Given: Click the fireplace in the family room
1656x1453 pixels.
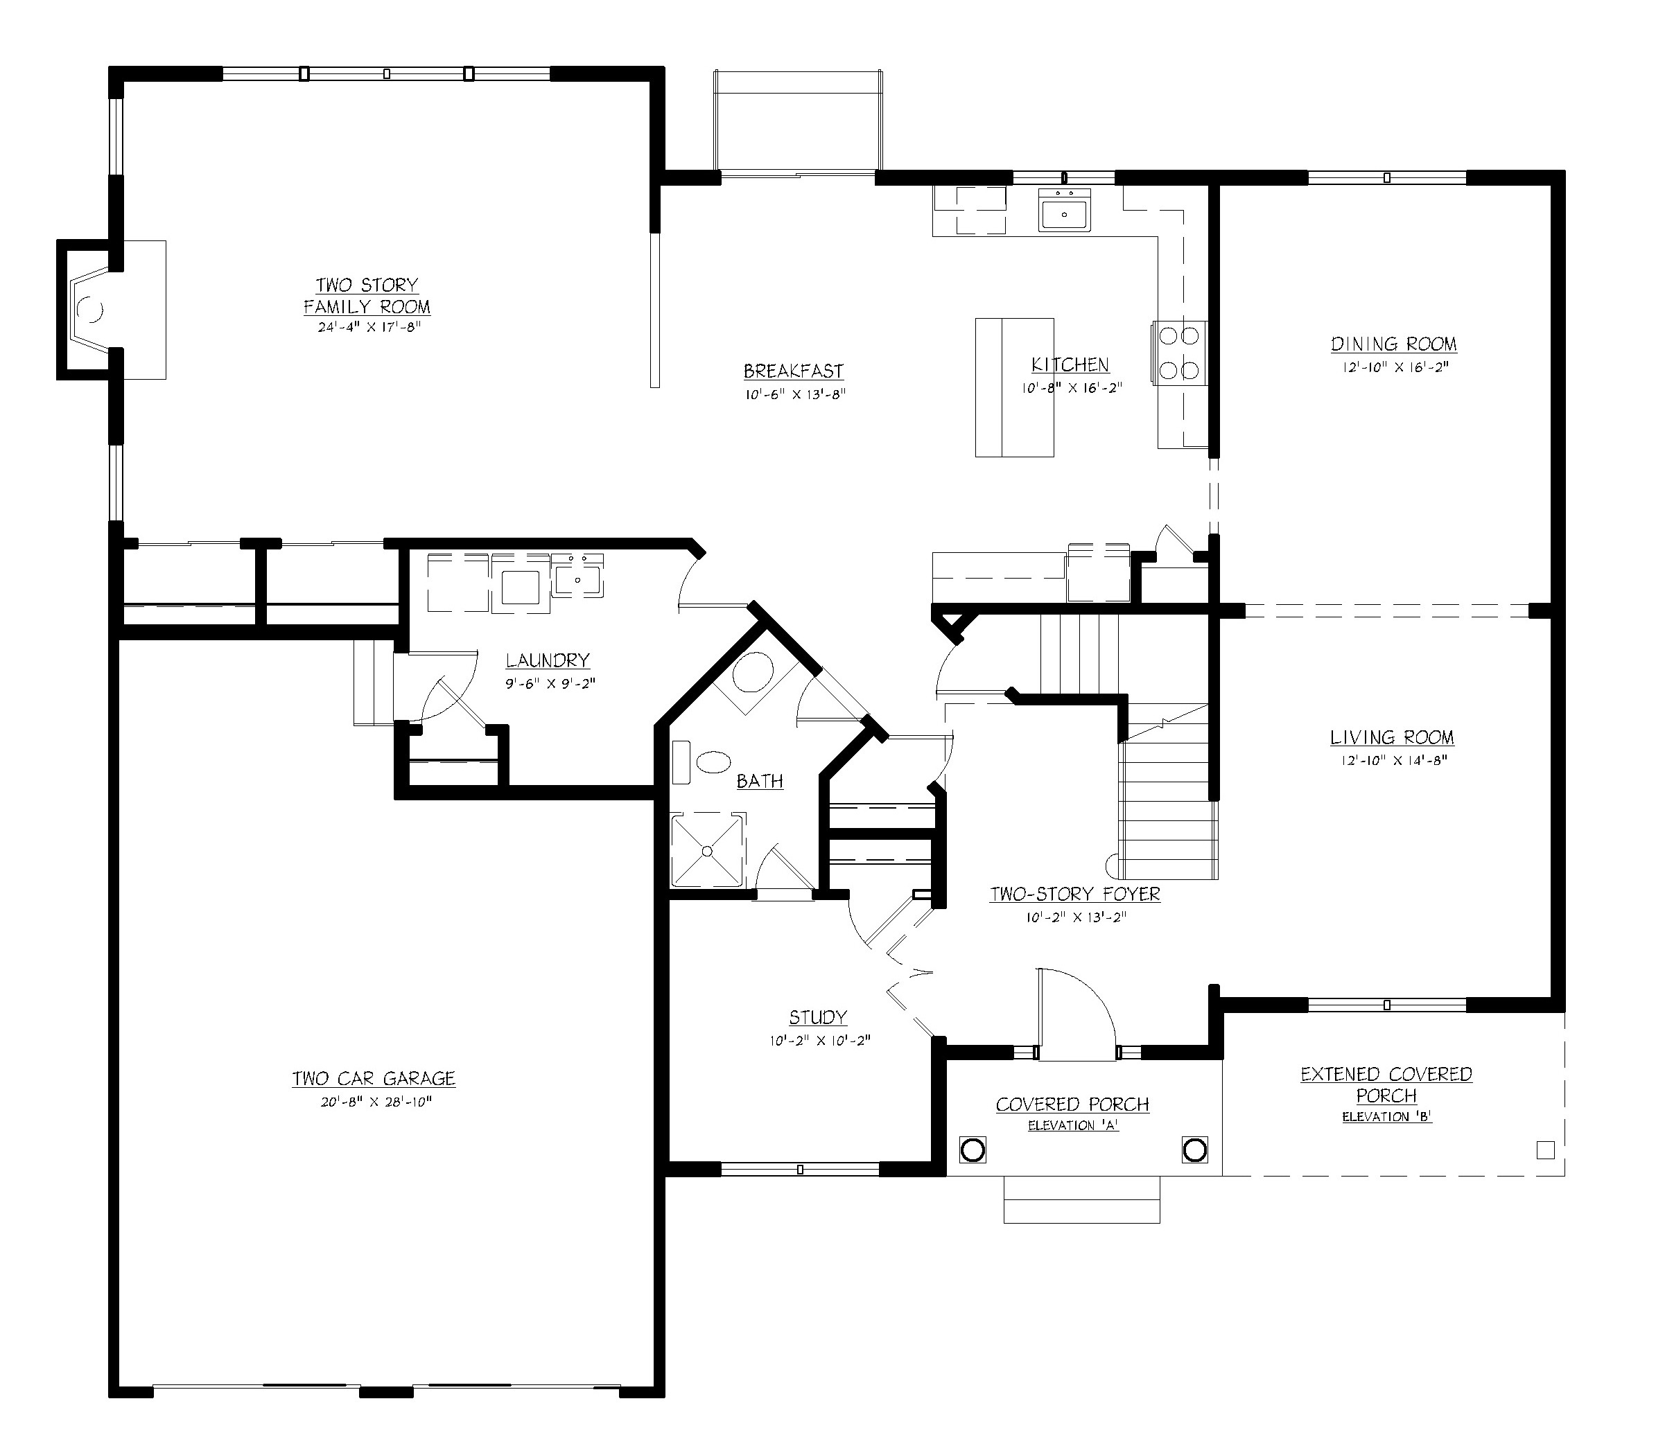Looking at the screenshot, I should pyautogui.click(x=89, y=310).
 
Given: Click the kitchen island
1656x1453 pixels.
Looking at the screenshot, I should pyautogui.click(x=1014, y=387).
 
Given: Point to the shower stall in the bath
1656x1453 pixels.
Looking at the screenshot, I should pyautogui.click(x=707, y=850).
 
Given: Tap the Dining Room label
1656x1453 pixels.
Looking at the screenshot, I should pyautogui.click(x=1393, y=344).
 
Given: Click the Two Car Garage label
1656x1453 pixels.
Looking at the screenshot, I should pyautogui.click(x=374, y=1079).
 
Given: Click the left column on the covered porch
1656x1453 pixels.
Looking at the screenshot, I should pyautogui.click(x=973, y=1150).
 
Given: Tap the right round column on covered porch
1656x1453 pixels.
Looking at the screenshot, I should pyautogui.click(x=1194, y=1150).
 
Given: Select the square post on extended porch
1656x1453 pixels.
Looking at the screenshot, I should pyautogui.click(x=1545, y=1150).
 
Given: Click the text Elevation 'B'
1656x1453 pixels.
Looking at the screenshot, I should pyautogui.click(x=1387, y=1117).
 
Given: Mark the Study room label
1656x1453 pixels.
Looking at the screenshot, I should pyautogui.click(x=818, y=1017).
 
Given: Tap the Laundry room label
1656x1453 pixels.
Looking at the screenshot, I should pyautogui.click(x=548, y=660).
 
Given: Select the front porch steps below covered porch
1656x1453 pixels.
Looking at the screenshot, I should pyautogui.click(x=1081, y=1199).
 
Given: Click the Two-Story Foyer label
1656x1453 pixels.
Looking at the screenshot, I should pyautogui.click(x=1075, y=894).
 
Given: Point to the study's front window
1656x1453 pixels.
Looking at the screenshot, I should pyautogui.click(x=800, y=1169).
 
